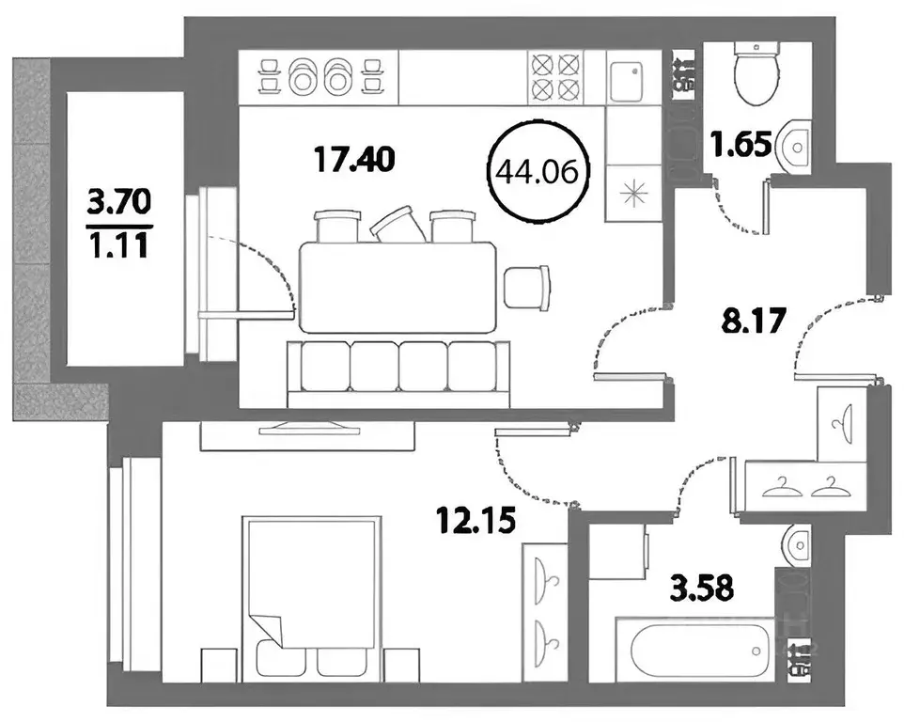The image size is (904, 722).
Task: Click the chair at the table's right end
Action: pos(526,286)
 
